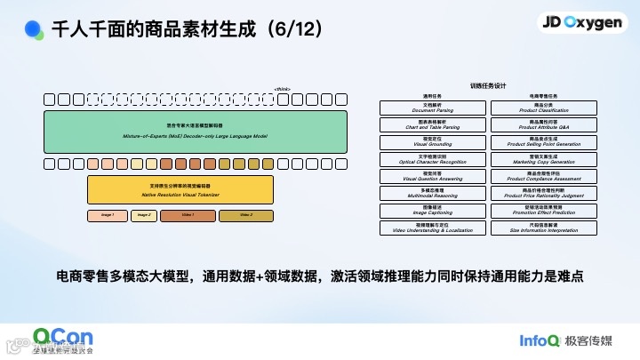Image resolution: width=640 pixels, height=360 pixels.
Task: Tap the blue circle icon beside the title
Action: [x=34, y=29]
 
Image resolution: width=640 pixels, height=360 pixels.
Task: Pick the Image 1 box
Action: [x=108, y=215]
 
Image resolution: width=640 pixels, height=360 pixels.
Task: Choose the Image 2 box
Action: [x=142, y=215]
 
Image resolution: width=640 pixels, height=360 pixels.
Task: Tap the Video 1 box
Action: [x=188, y=215]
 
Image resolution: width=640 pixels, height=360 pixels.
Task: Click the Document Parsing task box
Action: [x=433, y=108]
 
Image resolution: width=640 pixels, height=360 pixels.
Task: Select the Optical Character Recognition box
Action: [x=433, y=158]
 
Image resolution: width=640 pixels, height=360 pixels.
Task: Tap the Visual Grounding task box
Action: [x=433, y=141]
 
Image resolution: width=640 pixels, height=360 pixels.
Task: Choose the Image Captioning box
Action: [x=433, y=210]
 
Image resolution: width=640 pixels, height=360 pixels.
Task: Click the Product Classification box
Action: [x=543, y=108]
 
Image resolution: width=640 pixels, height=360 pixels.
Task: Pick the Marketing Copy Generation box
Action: [x=543, y=158]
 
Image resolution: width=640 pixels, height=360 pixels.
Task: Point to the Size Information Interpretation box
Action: [x=543, y=227]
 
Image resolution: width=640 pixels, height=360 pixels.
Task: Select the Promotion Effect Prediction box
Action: [x=543, y=210]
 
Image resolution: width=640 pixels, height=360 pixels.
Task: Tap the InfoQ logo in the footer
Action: [x=540, y=340]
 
